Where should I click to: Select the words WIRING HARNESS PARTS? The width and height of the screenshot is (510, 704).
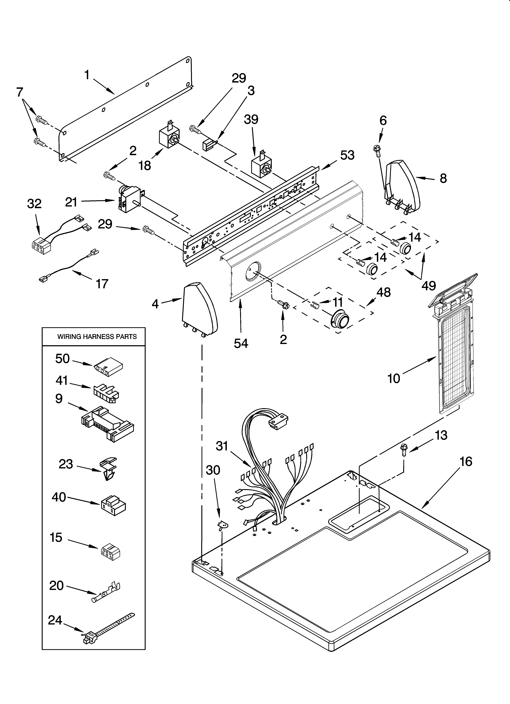click(97, 337)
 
